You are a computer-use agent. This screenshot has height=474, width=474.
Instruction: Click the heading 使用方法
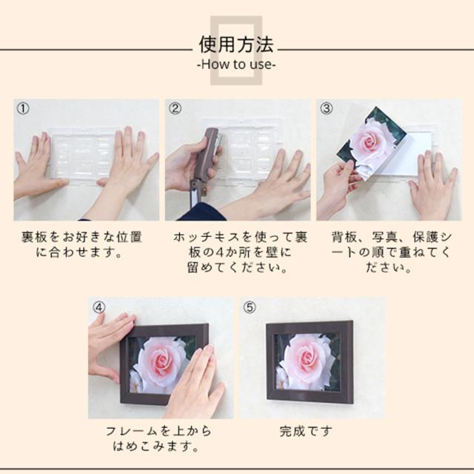pyautogui.click(x=236, y=44)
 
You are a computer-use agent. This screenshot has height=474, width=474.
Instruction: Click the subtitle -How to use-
pyautogui.click(x=236, y=64)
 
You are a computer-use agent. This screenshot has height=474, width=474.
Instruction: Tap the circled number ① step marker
pyautogui.click(x=23, y=109)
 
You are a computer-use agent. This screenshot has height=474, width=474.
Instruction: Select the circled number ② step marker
pyautogui.click(x=175, y=109)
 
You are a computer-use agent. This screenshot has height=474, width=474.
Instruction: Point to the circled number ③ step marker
pyautogui.click(x=326, y=109)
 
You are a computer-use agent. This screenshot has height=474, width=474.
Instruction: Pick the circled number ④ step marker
pyautogui.click(x=99, y=307)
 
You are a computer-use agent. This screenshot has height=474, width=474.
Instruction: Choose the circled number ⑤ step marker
pyautogui.click(x=250, y=307)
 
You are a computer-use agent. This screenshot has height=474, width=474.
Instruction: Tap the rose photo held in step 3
pyautogui.click(x=370, y=144)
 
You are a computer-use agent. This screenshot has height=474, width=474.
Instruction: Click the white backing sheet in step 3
pyautogui.click(x=405, y=157)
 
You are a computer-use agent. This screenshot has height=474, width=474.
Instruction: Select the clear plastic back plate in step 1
pyautogui.click(x=83, y=156)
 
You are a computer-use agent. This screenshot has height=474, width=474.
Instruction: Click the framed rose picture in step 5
pyautogui.click(x=310, y=362)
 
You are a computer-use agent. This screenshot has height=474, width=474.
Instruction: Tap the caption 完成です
pyautogui.click(x=306, y=431)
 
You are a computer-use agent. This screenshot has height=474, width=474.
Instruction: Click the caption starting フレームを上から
pyautogui.click(x=158, y=438)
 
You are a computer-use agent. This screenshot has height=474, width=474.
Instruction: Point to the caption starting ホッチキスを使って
pyautogui.click(x=239, y=253)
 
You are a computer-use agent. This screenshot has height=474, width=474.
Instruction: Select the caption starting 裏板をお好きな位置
pyautogui.click(x=81, y=244)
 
